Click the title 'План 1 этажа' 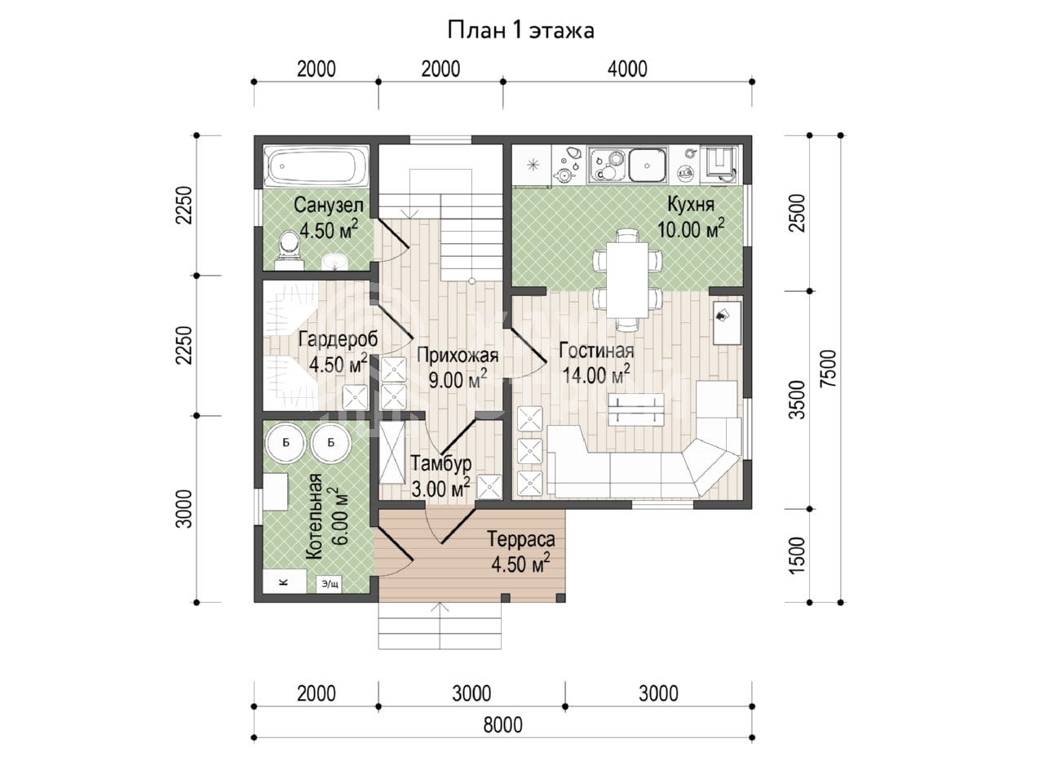pyautogui.click(x=521, y=31)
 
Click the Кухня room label pyautogui.click(x=691, y=205)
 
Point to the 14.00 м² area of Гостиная pyautogui.click(x=596, y=375)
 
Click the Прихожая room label pyautogui.click(x=458, y=355)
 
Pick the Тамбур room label pyautogui.click(x=441, y=463)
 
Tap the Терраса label pyautogui.click(x=521, y=539)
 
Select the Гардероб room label pyautogui.click(x=338, y=339)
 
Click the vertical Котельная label pyautogui.click(x=314, y=516)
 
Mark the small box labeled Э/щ pyautogui.click(x=330, y=584)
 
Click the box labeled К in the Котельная pyautogui.click(x=285, y=581)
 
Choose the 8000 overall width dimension pyautogui.click(x=502, y=725)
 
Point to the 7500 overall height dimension pyautogui.click(x=828, y=369)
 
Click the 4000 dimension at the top pyautogui.click(x=627, y=69)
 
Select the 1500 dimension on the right pyautogui.click(x=797, y=555)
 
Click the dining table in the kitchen pyautogui.click(x=627, y=280)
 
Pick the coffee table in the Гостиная pyautogui.click(x=636, y=409)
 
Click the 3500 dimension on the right pyautogui.click(x=797, y=400)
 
